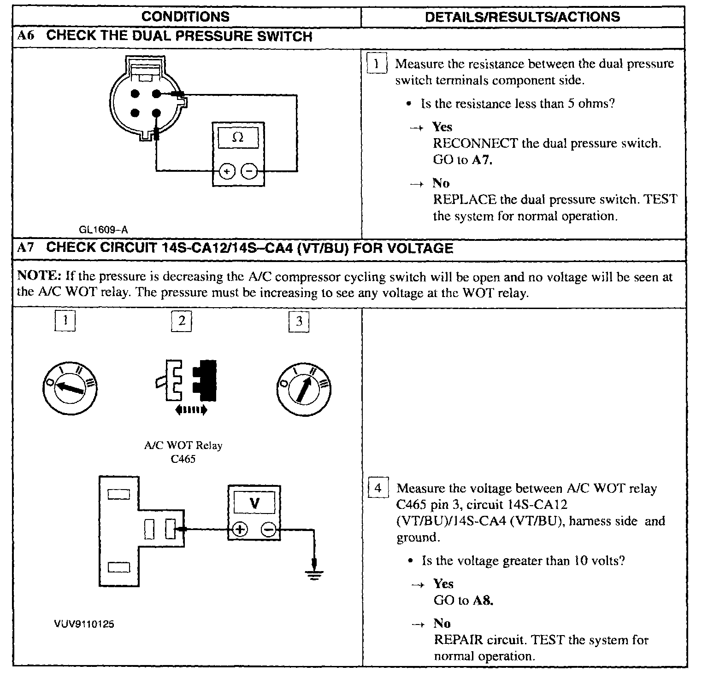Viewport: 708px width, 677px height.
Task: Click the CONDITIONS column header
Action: pos(185,17)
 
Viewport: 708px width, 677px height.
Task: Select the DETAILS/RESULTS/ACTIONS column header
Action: pos(522,17)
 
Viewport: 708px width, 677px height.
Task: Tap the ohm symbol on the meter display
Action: pos(238,137)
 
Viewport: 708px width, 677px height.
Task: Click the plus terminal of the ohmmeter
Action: pos(227,171)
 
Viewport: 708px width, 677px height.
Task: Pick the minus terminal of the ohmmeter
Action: pos(249,171)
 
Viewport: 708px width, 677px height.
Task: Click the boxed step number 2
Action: pos(182,321)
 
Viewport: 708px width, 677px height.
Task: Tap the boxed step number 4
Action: pos(378,488)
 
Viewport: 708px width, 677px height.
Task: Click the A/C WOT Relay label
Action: pos(183,446)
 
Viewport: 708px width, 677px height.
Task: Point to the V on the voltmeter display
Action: pos(254,503)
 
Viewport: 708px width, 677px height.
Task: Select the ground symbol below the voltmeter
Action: pos(314,573)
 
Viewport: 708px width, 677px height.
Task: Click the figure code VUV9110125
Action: pos(84,624)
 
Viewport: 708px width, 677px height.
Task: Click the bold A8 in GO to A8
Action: pos(483,601)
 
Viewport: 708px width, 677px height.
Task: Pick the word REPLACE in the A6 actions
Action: pos(465,200)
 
